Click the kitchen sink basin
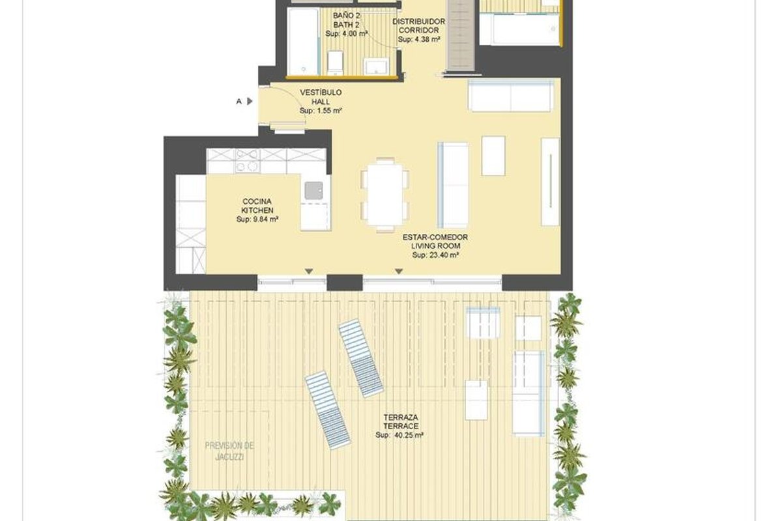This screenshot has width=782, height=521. point(313,191)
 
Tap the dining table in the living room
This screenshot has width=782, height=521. point(385,194)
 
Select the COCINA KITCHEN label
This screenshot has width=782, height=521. point(257,206)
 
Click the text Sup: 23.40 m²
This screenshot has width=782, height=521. point(435,255)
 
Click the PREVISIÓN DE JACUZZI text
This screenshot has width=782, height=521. point(229,451)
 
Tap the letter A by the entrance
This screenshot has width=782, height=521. point(239,102)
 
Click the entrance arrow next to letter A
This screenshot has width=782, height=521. point(250,101)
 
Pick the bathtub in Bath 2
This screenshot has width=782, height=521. point(303,42)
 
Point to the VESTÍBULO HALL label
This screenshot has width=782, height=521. point(321,97)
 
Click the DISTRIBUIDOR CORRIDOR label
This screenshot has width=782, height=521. point(418,26)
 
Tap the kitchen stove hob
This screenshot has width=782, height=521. point(248,161)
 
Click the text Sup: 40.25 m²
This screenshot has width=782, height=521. point(399,435)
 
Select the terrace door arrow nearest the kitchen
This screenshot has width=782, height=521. point(309,271)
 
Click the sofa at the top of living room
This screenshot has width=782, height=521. point(511,96)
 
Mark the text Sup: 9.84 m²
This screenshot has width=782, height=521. point(257,219)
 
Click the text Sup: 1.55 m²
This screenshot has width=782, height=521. point(321,111)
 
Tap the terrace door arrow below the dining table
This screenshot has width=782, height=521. point(399,271)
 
